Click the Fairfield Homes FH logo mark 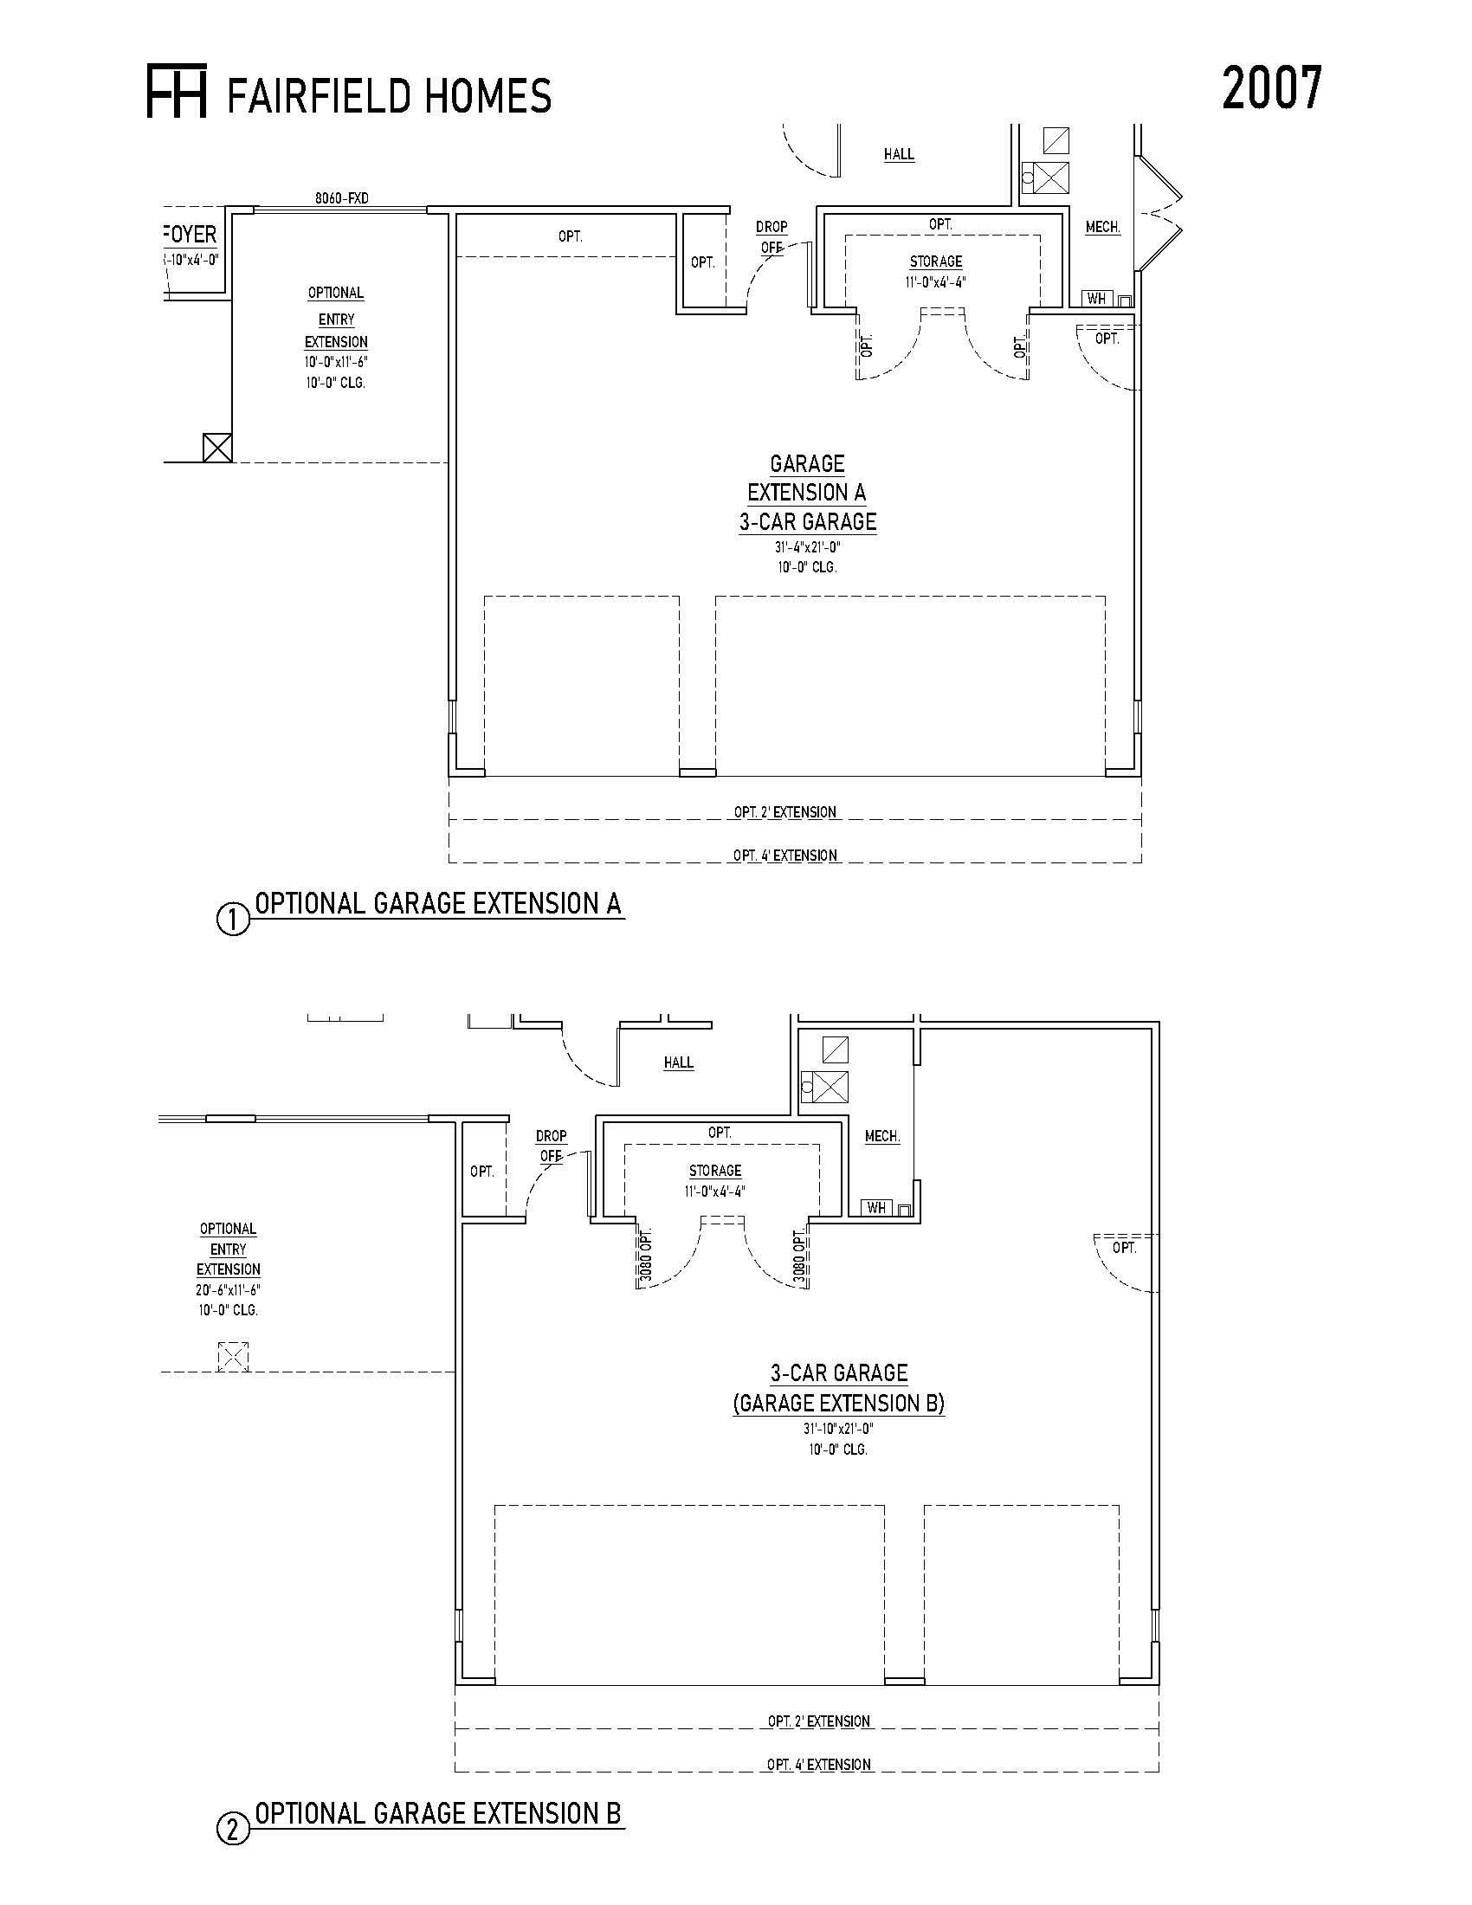176,90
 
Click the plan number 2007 1271,88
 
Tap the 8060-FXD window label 342,198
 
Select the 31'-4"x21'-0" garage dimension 808,548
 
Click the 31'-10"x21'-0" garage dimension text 838,1430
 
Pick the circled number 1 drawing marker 233,921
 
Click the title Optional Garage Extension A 439,904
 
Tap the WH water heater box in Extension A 1097,299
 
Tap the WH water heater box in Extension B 877,1207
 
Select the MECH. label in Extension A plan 1103,227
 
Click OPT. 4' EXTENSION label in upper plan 785,856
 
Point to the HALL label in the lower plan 679,1062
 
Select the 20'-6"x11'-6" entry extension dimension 229,1290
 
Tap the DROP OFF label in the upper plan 772,237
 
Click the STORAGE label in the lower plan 715,1171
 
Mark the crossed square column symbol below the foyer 217,448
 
